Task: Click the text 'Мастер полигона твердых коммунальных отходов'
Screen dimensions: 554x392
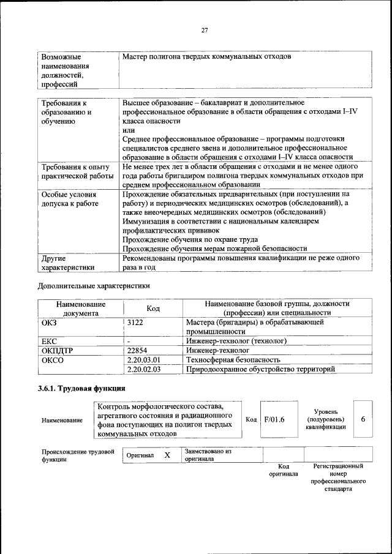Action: click(206, 57)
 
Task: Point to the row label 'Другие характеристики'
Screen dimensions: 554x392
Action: click(67, 263)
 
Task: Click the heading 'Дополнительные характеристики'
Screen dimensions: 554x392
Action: click(93, 285)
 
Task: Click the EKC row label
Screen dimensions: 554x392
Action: click(49, 341)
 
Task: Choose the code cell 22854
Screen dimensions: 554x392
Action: click(138, 350)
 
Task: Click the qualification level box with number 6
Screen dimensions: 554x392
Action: click(363, 419)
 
